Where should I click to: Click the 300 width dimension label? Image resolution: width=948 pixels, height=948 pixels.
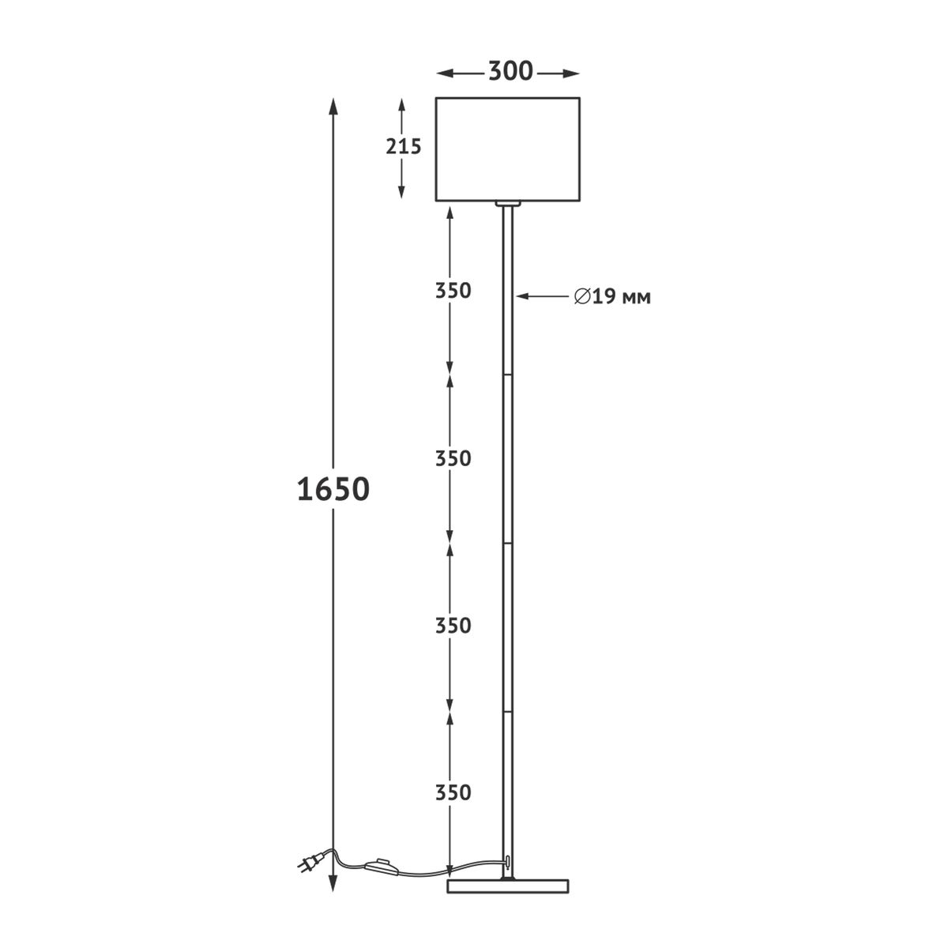pos(510,71)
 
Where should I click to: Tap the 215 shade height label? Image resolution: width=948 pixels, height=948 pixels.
pos(404,147)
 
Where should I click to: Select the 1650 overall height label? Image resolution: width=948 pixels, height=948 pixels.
pos(333,490)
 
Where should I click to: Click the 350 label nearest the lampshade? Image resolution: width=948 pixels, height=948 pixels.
pos(453,291)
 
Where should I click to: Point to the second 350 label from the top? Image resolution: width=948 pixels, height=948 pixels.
pos(453,458)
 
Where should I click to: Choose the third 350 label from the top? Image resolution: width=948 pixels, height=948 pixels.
pos(453,626)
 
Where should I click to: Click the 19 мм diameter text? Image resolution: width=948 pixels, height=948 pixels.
pos(622,297)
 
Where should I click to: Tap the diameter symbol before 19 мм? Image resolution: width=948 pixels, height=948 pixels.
pos(582,297)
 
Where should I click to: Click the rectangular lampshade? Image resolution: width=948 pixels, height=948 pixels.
pos(508,149)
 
